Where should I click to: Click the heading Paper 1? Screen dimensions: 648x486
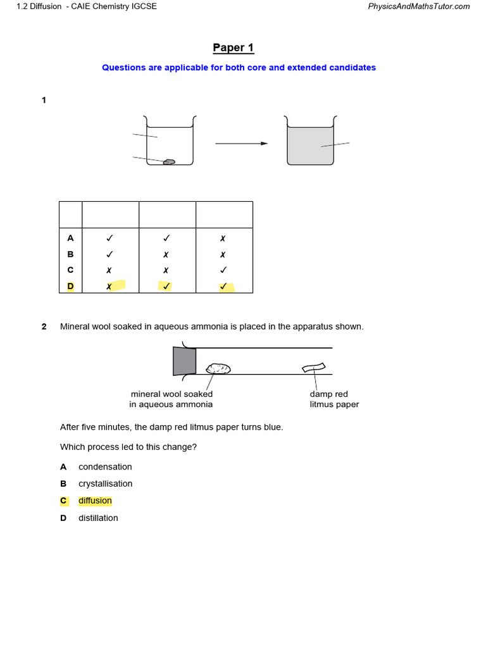point(233,48)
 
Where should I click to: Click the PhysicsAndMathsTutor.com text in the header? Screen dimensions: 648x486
point(418,6)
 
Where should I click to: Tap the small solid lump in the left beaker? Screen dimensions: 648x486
point(169,162)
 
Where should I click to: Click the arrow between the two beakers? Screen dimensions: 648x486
point(241,144)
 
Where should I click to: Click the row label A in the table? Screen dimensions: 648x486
point(70,238)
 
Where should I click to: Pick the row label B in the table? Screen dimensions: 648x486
point(70,254)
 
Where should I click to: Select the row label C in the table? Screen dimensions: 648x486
point(70,270)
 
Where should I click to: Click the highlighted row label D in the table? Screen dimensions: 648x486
point(70,286)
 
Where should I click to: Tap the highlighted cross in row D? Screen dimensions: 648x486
point(109,286)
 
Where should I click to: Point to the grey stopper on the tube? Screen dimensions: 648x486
point(184,361)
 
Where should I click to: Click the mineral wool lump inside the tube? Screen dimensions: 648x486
point(219,368)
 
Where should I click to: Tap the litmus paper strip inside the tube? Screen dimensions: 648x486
point(313,368)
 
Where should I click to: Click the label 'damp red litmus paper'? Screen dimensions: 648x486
point(333,399)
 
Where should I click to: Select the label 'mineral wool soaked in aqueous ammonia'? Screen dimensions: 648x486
point(171,399)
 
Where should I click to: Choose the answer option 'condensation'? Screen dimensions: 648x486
point(105,467)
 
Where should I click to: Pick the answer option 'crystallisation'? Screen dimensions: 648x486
point(105,484)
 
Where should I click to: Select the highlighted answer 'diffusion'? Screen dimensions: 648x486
point(95,501)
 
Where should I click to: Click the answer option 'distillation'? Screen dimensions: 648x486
point(98,518)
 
